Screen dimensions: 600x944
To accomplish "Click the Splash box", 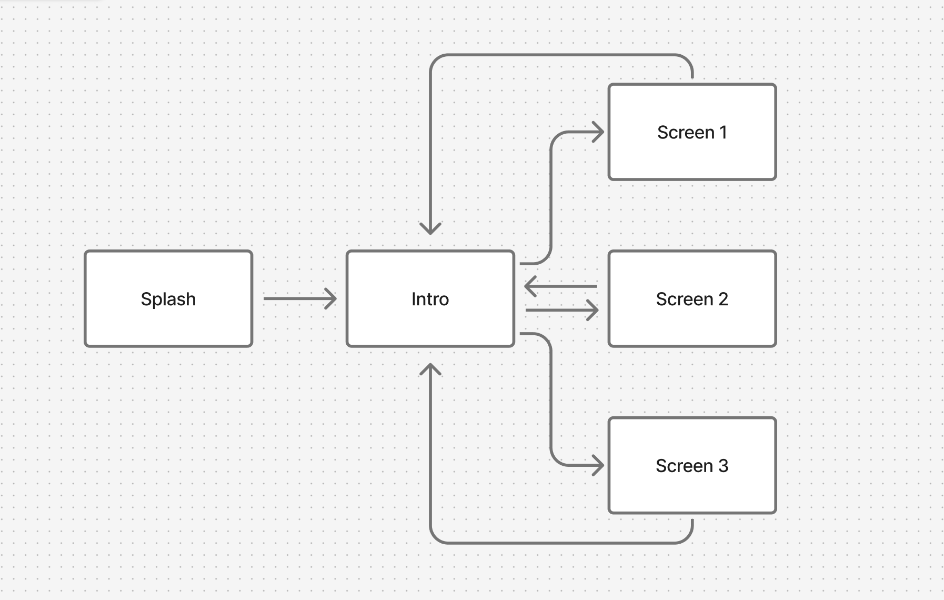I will click(168, 326).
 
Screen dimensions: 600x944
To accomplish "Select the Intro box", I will click(430, 326).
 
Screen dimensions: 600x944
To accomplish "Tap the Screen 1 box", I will click(692, 158).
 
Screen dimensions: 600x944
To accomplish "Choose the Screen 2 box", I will click(692, 326).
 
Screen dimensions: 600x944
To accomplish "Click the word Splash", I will click(168, 299).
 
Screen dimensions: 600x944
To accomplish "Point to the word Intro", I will click(430, 299).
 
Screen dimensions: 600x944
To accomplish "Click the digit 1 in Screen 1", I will click(723, 132).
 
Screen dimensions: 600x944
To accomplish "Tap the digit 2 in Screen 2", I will click(723, 299).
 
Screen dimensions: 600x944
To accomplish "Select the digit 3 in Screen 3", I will click(723, 466).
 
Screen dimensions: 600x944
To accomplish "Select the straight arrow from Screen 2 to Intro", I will click(561, 286).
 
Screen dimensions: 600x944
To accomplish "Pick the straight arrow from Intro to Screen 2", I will click(561, 310).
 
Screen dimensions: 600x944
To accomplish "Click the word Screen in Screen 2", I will click(684, 299).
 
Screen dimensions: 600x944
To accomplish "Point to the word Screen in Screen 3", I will click(684, 466).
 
